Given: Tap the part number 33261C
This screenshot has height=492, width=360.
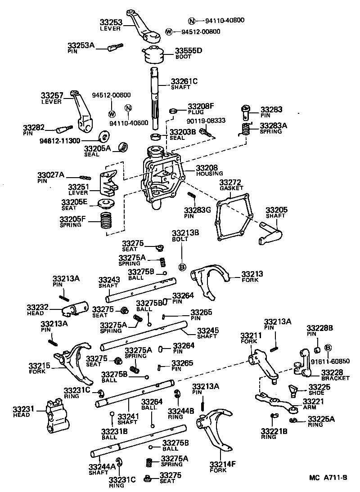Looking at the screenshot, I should (x=184, y=81).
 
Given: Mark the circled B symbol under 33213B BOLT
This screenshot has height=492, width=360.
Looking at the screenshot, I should (x=182, y=267).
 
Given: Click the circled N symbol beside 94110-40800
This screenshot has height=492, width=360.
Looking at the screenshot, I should (x=191, y=21).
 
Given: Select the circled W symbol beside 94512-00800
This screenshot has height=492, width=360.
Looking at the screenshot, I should (x=169, y=31).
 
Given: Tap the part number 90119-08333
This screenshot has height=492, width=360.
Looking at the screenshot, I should (x=206, y=121).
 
